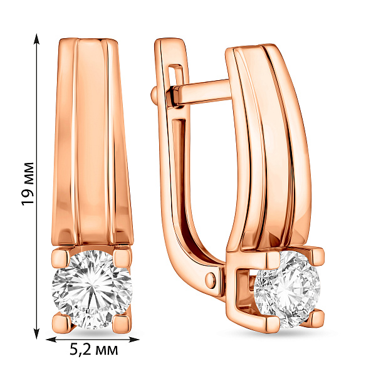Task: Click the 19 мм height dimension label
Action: tap(28, 184)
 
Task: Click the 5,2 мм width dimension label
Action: tap(94, 350)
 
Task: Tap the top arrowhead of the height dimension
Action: tap(36, 39)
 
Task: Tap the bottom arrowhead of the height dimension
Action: tap(36, 333)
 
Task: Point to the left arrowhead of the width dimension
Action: tap(51, 340)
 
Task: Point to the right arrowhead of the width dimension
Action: tap(134, 340)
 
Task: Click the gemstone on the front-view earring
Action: tap(92, 289)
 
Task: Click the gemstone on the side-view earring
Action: tap(287, 290)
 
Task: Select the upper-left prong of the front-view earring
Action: tap(61, 258)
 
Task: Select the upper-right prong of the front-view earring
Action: tap(123, 258)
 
